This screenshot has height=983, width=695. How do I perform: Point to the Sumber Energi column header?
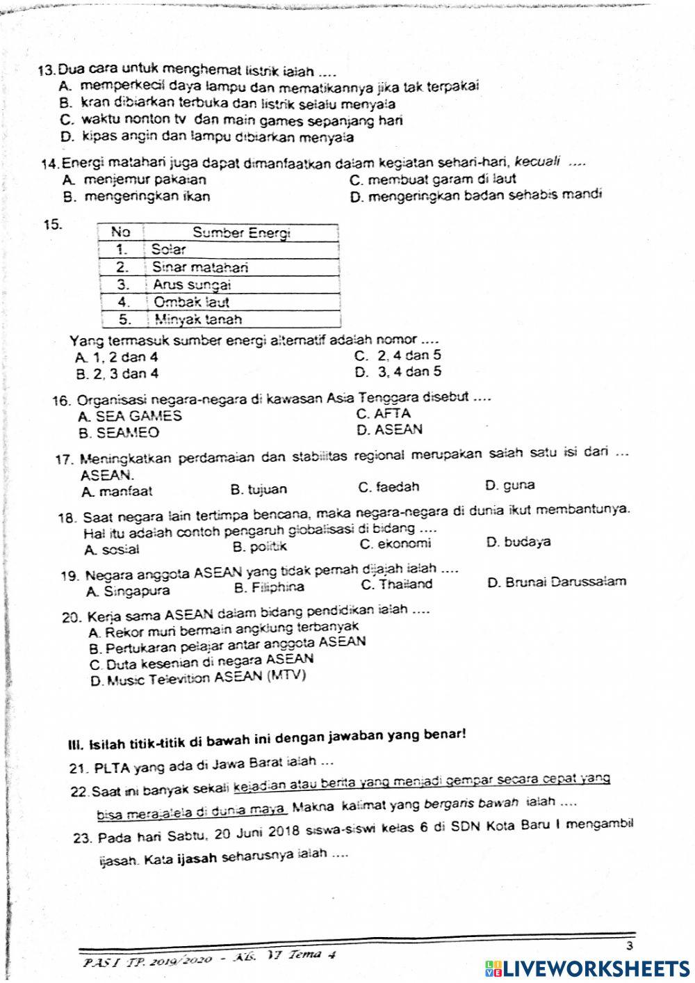tap(240, 232)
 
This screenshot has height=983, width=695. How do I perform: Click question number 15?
tap(54, 224)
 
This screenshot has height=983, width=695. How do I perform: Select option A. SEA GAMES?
tap(131, 416)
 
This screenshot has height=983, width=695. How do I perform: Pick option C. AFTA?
tap(383, 413)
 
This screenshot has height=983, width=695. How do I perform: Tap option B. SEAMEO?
tap(119, 433)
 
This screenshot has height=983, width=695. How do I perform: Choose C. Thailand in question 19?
tap(396, 584)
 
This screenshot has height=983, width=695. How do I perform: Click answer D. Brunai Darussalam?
tap(557, 582)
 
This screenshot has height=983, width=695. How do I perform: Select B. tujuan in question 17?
tap(258, 490)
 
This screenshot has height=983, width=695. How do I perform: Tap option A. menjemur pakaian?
tap(133, 180)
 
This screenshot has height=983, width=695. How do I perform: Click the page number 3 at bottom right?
tap(629, 945)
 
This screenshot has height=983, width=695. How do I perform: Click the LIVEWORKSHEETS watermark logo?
tap(587, 968)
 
